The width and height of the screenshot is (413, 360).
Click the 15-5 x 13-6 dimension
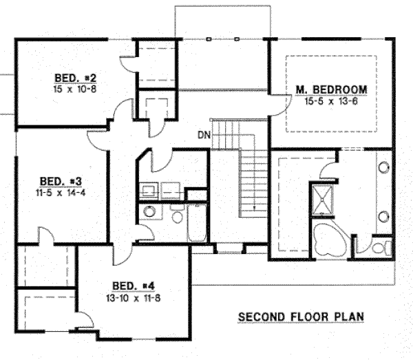click(x=331, y=101)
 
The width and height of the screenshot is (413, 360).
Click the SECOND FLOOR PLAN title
click(x=300, y=317)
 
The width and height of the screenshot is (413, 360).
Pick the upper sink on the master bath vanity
click(x=382, y=169)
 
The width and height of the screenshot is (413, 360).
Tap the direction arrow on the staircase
click(x=254, y=206)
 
